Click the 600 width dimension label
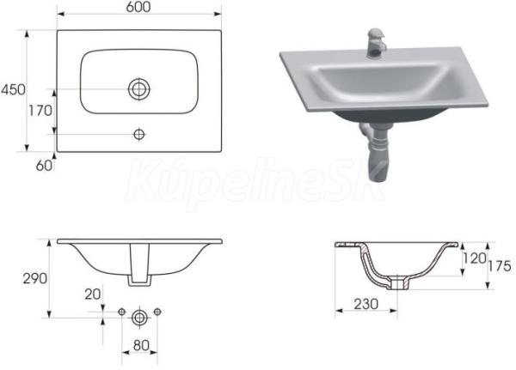point(138,7)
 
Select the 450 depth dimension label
point(13,89)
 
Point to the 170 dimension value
point(40,111)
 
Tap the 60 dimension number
point(44,166)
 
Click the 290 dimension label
point(35,279)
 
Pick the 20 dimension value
point(93,294)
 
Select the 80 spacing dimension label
point(141,345)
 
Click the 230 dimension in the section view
point(366,304)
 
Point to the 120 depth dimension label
point(474,258)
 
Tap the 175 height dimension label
point(500,266)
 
